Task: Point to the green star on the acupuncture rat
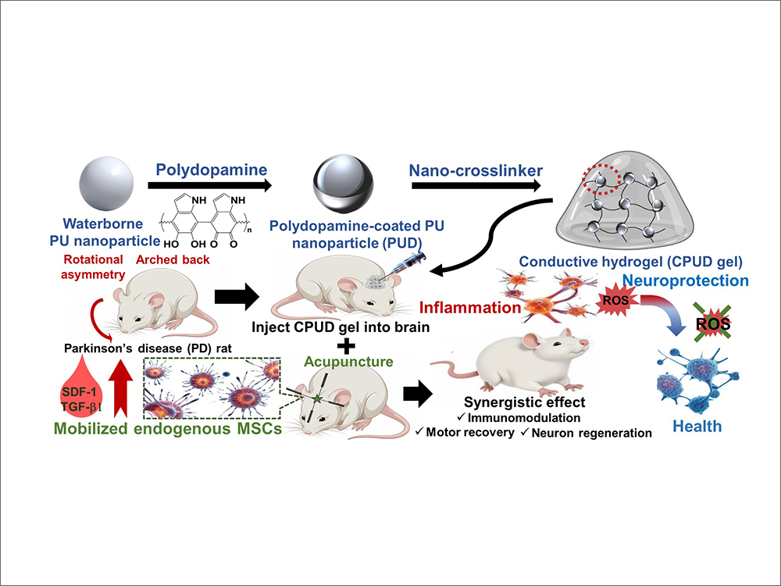[x=318, y=400]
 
